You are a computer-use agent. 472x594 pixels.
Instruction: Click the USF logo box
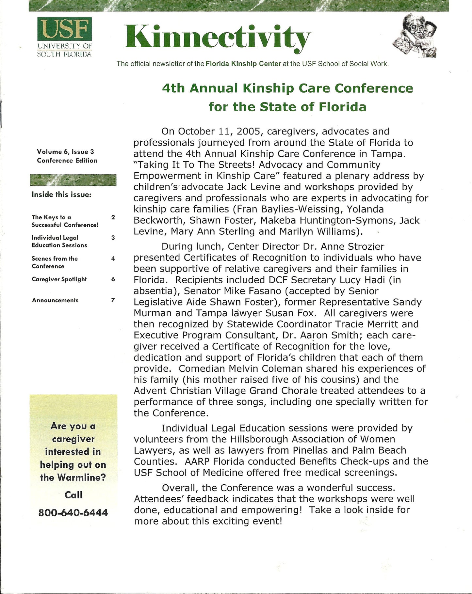coord(65,29)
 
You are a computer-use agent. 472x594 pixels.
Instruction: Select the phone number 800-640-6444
coord(73,513)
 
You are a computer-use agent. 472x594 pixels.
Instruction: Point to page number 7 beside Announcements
coord(113,300)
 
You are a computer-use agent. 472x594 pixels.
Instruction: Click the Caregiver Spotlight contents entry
coord(59,279)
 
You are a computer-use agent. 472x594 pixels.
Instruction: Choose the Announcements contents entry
coord(55,300)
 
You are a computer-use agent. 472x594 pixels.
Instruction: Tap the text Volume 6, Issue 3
coord(65,152)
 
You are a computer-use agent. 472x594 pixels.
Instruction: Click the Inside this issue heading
coord(61,195)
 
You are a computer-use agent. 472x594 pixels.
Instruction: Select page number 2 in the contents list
coord(113,217)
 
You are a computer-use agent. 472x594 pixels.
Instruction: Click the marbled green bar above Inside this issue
coord(73,180)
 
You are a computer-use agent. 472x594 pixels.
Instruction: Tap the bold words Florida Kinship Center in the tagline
coord(243,64)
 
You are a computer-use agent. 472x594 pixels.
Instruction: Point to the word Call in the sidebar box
coord(73,495)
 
